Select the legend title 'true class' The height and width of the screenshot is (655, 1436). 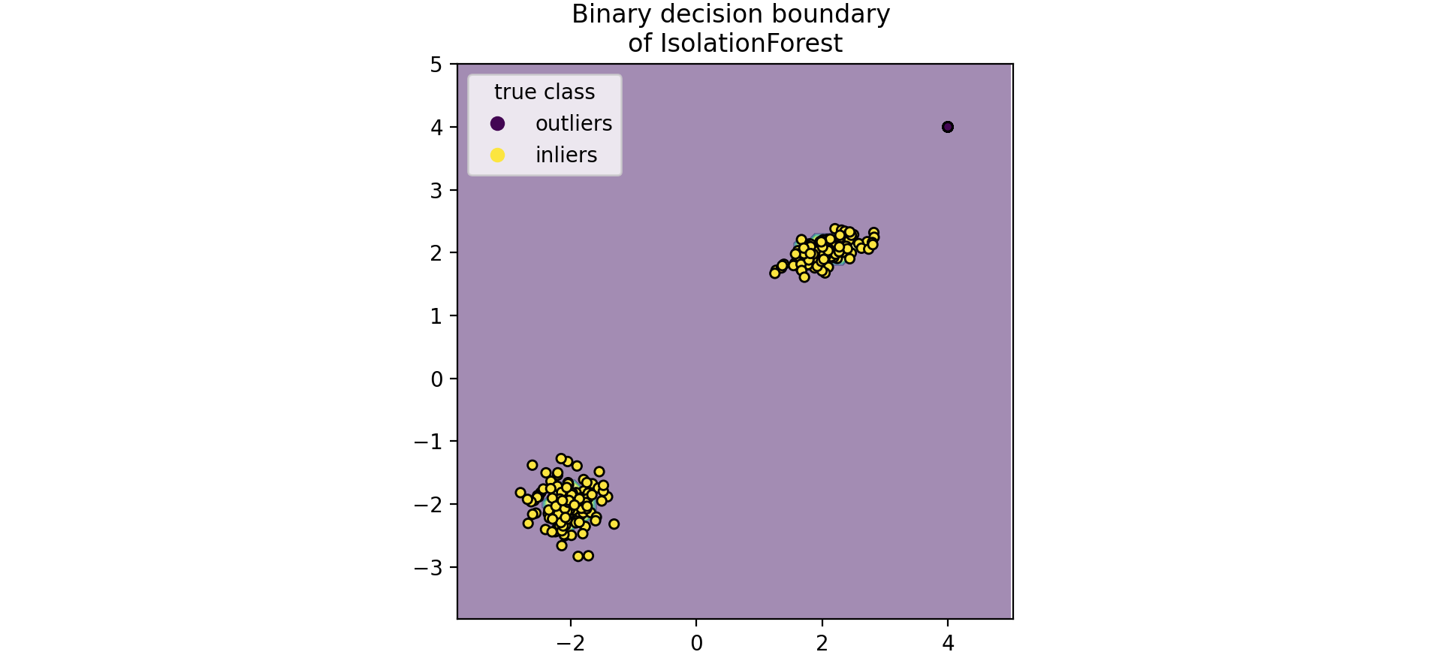tap(545, 92)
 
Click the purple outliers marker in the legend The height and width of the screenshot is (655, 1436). tap(497, 123)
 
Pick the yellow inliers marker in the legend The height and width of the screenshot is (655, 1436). tap(497, 155)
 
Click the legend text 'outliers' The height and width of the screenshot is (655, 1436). tap(573, 123)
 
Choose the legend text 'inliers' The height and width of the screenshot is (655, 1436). tap(566, 155)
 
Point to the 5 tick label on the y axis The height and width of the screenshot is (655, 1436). tap(436, 65)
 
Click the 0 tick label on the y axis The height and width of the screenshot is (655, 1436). tap(436, 379)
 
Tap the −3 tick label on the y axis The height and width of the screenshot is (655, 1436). tap(428, 567)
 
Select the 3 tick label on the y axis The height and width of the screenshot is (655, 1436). tap(436, 190)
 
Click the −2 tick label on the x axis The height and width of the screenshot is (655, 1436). tap(570, 643)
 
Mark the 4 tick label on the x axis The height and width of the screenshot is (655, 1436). tap(948, 643)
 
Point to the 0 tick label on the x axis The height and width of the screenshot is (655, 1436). tap(696, 643)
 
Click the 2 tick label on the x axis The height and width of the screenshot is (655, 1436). tap(822, 643)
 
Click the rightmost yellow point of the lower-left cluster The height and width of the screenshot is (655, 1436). tap(614, 524)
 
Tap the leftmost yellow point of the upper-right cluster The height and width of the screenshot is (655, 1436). tap(775, 273)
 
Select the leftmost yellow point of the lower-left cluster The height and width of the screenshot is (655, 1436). tap(520, 493)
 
